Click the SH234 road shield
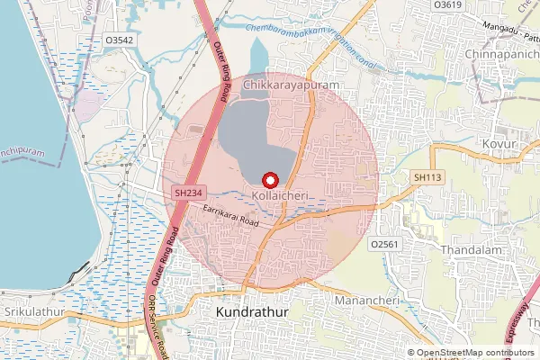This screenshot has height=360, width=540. click(187, 193)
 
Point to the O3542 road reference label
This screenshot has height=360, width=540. click(118, 40)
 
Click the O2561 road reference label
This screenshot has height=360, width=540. click(383, 243)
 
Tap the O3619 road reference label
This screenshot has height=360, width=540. click(447, 4)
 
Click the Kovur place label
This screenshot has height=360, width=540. click(499, 144)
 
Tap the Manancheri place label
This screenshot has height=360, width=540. click(364, 298)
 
